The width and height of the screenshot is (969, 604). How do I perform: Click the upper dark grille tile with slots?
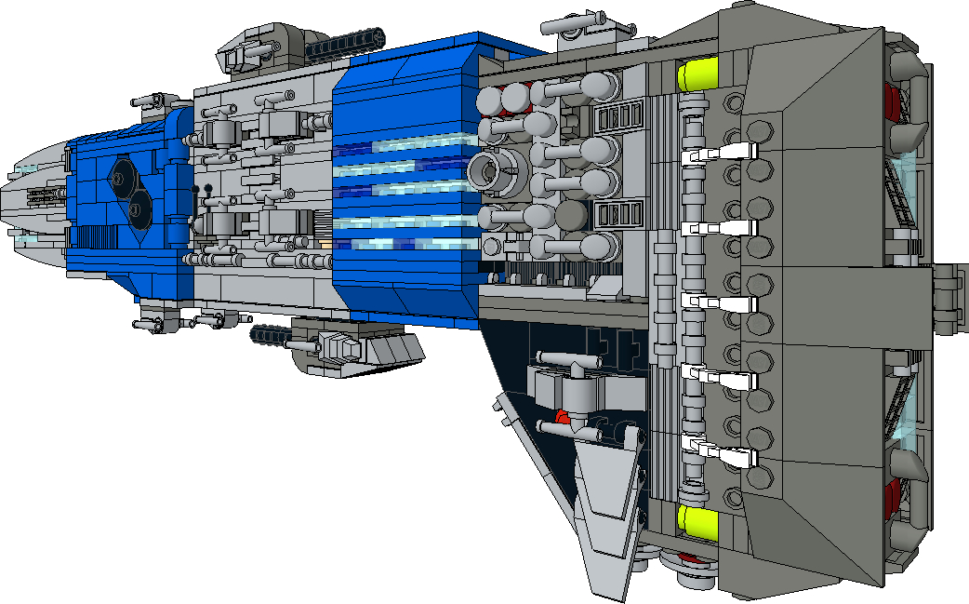pos(618,116)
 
